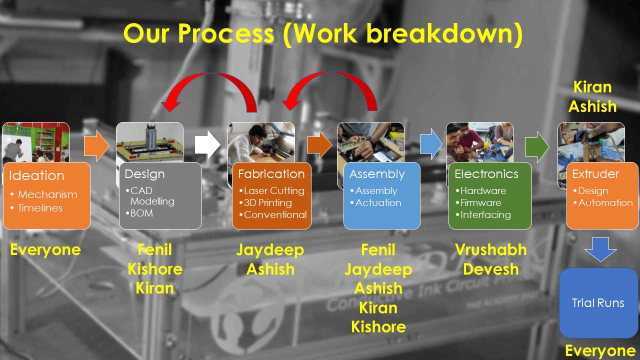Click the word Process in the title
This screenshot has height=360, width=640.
click(x=226, y=33)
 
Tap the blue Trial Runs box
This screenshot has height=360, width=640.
click(x=598, y=303)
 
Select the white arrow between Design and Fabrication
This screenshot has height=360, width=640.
click(x=207, y=144)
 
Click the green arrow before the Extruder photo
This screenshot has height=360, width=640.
click(x=537, y=147)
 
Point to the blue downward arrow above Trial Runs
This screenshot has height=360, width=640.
click(x=600, y=249)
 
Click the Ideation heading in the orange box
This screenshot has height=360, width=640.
click(x=36, y=175)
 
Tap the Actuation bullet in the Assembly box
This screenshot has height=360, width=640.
click(x=375, y=202)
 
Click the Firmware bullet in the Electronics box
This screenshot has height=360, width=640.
click(x=478, y=202)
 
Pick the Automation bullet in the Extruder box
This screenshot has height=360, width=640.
click(x=603, y=202)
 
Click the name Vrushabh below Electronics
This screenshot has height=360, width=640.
click(x=491, y=249)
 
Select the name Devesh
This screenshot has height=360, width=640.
click(x=491, y=269)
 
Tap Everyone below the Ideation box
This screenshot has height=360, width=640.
click(x=45, y=250)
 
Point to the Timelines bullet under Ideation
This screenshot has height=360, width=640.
click(x=36, y=208)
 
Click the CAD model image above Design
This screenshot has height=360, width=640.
click(x=149, y=142)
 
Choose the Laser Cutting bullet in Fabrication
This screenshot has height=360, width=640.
click(x=271, y=190)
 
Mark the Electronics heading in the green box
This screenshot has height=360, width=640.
click(x=486, y=173)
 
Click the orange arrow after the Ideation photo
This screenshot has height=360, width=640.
click(x=96, y=146)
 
